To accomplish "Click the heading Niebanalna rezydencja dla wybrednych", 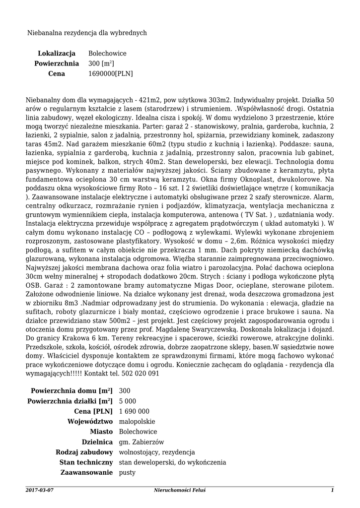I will pos(87,33).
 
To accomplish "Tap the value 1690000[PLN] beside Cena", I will pos(110,74).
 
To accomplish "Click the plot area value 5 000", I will pos(128,401).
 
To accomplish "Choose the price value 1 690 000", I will pos(134,411).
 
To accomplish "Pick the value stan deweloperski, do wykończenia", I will pos(172,463).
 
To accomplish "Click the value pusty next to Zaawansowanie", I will pos(128,473).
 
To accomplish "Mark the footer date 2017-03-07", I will pos(39,490).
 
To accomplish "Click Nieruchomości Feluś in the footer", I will pos(180,490).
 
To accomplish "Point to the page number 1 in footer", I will pos(332,490).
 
